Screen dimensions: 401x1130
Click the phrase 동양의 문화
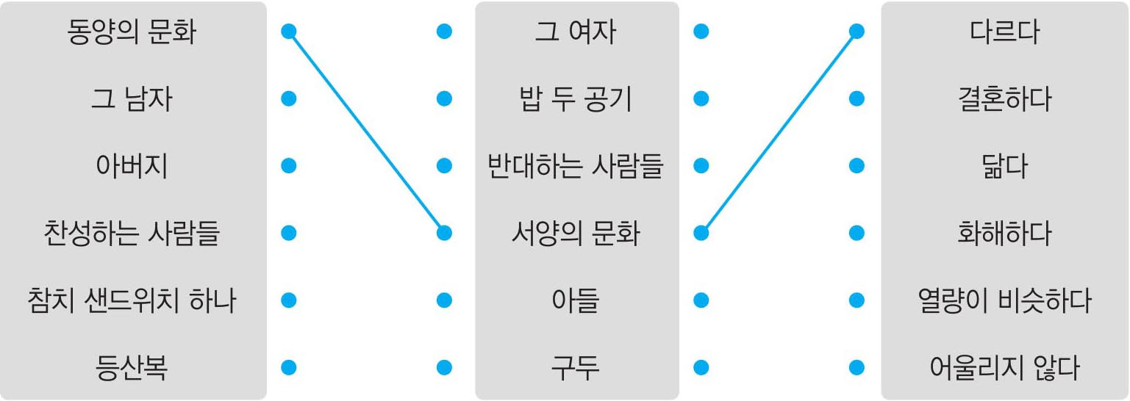[x=132, y=32]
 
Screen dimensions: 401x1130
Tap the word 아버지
[x=132, y=166]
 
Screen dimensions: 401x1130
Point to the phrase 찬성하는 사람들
[x=132, y=234]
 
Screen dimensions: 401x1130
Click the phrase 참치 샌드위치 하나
[x=132, y=300]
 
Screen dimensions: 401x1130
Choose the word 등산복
[x=132, y=367]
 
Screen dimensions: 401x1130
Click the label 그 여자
[x=576, y=32]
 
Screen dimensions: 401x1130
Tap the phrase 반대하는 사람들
[x=576, y=166]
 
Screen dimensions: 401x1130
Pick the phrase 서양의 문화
[x=576, y=234]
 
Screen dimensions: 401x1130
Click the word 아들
[x=576, y=300]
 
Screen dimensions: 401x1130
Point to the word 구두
[x=576, y=367]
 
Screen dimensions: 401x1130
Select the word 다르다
[x=1004, y=32]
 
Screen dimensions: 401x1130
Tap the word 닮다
[x=1004, y=166]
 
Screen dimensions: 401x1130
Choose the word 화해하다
[x=1004, y=234]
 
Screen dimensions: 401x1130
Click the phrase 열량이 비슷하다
[x=1004, y=300]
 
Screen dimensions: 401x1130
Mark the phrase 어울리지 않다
[x=1004, y=367]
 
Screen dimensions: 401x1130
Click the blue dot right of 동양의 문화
[x=289, y=32]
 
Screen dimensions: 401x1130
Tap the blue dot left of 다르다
[x=856, y=32]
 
